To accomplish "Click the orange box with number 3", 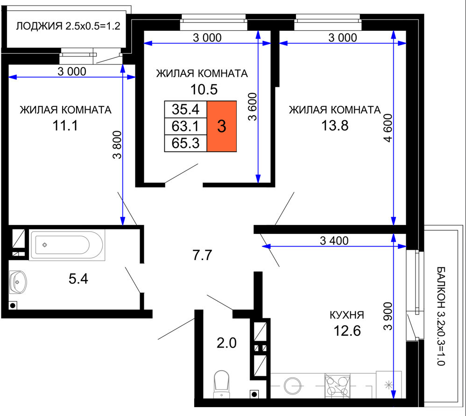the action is pyautogui.click(x=222, y=126).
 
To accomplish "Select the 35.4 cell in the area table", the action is pyautogui.click(x=186, y=109).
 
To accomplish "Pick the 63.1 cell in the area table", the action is pyautogui.click(x=186, y=126).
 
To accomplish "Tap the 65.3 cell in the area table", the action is pyautogui.click(x=186, y=143).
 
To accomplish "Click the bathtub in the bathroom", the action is pyautogui.click(x=67, y=245).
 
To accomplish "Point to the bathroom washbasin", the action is pyautogui.click(x=18, y=282).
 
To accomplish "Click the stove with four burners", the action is pyautogui.click(x=337, y=386).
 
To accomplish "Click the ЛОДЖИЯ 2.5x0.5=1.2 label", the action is pyautogui.click(x=68, y=26).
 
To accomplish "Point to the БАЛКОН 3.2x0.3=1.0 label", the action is pyautogui.click(x=441, y=316).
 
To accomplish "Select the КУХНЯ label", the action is pyautogui.click(x=347, y=315).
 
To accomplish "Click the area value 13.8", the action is pyautogui.click(x=335, y=126).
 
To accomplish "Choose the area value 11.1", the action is pyautogui.click(x=65, y=126).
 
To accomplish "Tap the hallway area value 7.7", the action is pyautogui.click(x=202, y=255).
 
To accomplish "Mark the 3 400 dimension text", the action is pyautogui.click(x=334, y=240).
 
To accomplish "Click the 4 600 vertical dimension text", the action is pyautogui.click(x=388, y=128).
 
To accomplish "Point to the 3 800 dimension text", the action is pyautogui.click(x=117, y=145).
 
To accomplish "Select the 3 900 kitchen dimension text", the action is pyautogui.click(x=388, y=316).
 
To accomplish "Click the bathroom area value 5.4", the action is pyautogui.click(x=78, y=279).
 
